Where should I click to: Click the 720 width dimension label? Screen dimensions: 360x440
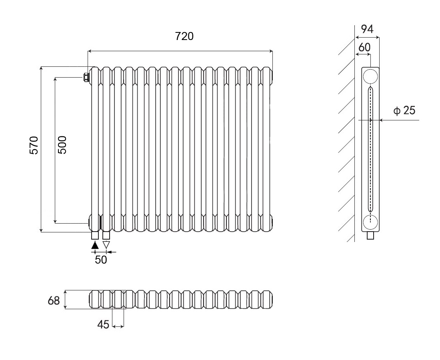click(184, 36)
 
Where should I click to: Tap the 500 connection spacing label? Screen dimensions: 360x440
click(62, 145)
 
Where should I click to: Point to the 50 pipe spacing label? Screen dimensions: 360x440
click(101, 260)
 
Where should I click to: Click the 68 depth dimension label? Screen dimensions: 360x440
click(54, 300)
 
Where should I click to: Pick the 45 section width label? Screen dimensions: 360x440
click(103, 325)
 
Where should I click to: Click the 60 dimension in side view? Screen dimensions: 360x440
click(364, 47)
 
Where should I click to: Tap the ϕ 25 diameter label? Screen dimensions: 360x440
click(404, 111)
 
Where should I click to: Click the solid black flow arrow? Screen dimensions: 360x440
click(95, 245)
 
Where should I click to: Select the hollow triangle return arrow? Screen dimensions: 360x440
click(106, 245)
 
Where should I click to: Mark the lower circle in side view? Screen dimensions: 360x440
click(370, 222)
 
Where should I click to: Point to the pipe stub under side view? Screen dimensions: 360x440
click(371, 236)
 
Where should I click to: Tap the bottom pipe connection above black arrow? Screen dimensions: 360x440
click(95, 235)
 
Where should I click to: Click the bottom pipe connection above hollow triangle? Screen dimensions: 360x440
click(106, 235)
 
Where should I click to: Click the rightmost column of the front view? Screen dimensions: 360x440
click(267, 149)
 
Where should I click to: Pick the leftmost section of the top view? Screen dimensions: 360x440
click(95, 299)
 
